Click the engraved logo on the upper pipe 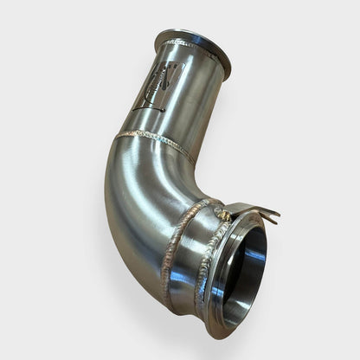point(159,85)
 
